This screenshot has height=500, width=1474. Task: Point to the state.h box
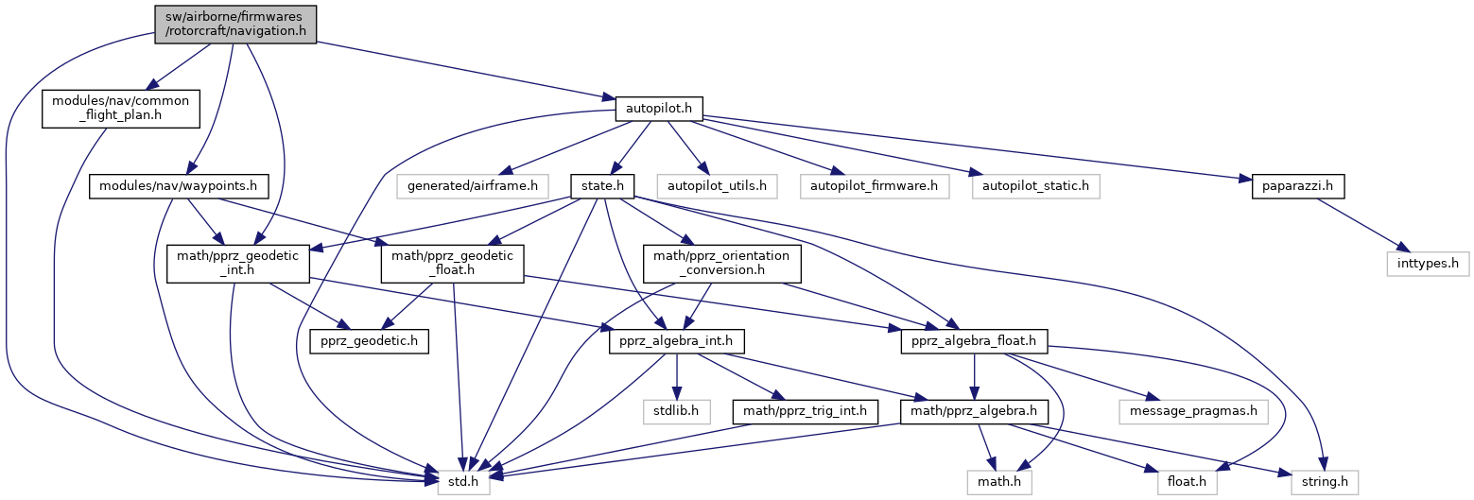600,186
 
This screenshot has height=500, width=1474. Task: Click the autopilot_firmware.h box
874,186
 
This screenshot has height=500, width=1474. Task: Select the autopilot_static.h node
1034,186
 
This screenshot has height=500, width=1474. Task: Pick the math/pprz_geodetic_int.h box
238,264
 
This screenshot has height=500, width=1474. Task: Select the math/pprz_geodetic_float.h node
452,264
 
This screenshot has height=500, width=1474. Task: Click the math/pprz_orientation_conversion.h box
722,264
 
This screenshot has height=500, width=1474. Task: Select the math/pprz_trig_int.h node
806,411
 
